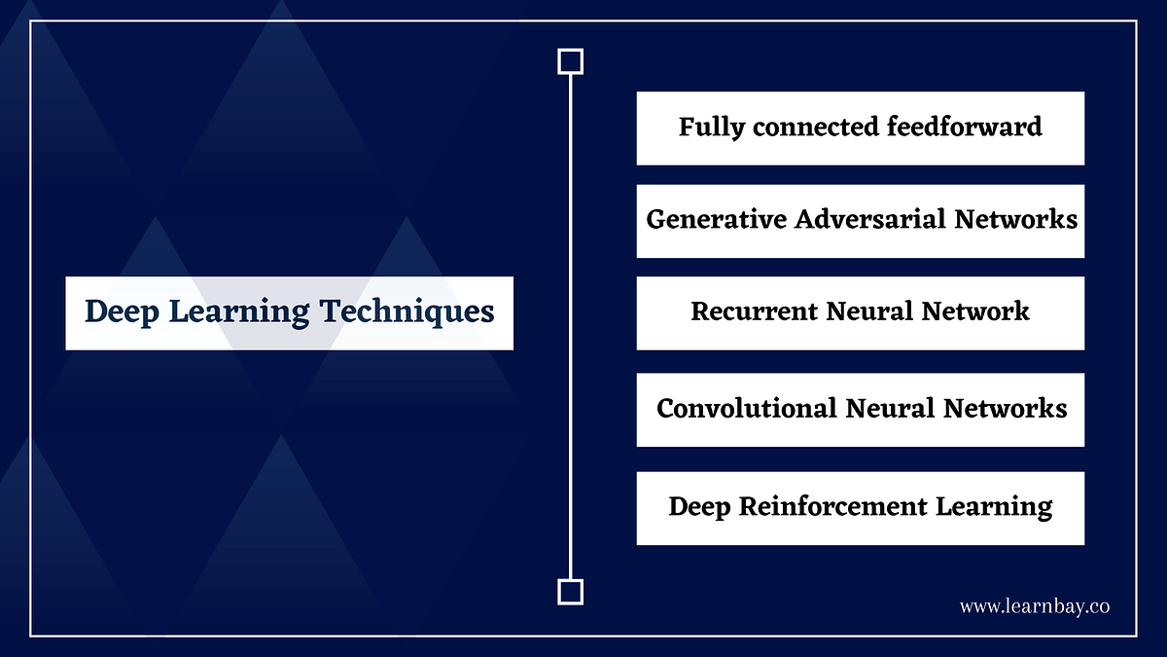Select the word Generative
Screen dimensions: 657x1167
coord(717,219)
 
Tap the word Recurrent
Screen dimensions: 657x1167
coord(754,311)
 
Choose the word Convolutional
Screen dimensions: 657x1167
coord(746,408)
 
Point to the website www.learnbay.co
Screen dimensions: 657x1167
coord(1035,606)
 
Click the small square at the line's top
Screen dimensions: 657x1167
coord(570,62)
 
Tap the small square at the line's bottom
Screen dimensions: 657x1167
coord(570,591)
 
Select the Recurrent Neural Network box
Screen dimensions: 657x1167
coord(860,312)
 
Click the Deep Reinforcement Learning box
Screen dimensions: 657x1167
coord(860,508)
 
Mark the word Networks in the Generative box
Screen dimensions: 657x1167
coord(1015,219)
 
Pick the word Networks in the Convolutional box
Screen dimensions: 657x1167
coord(1006,408)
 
